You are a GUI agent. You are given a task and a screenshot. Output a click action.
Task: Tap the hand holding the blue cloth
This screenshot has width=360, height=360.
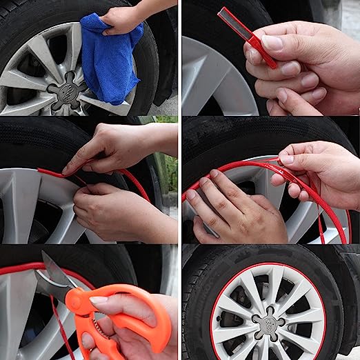tap(124, 19)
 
